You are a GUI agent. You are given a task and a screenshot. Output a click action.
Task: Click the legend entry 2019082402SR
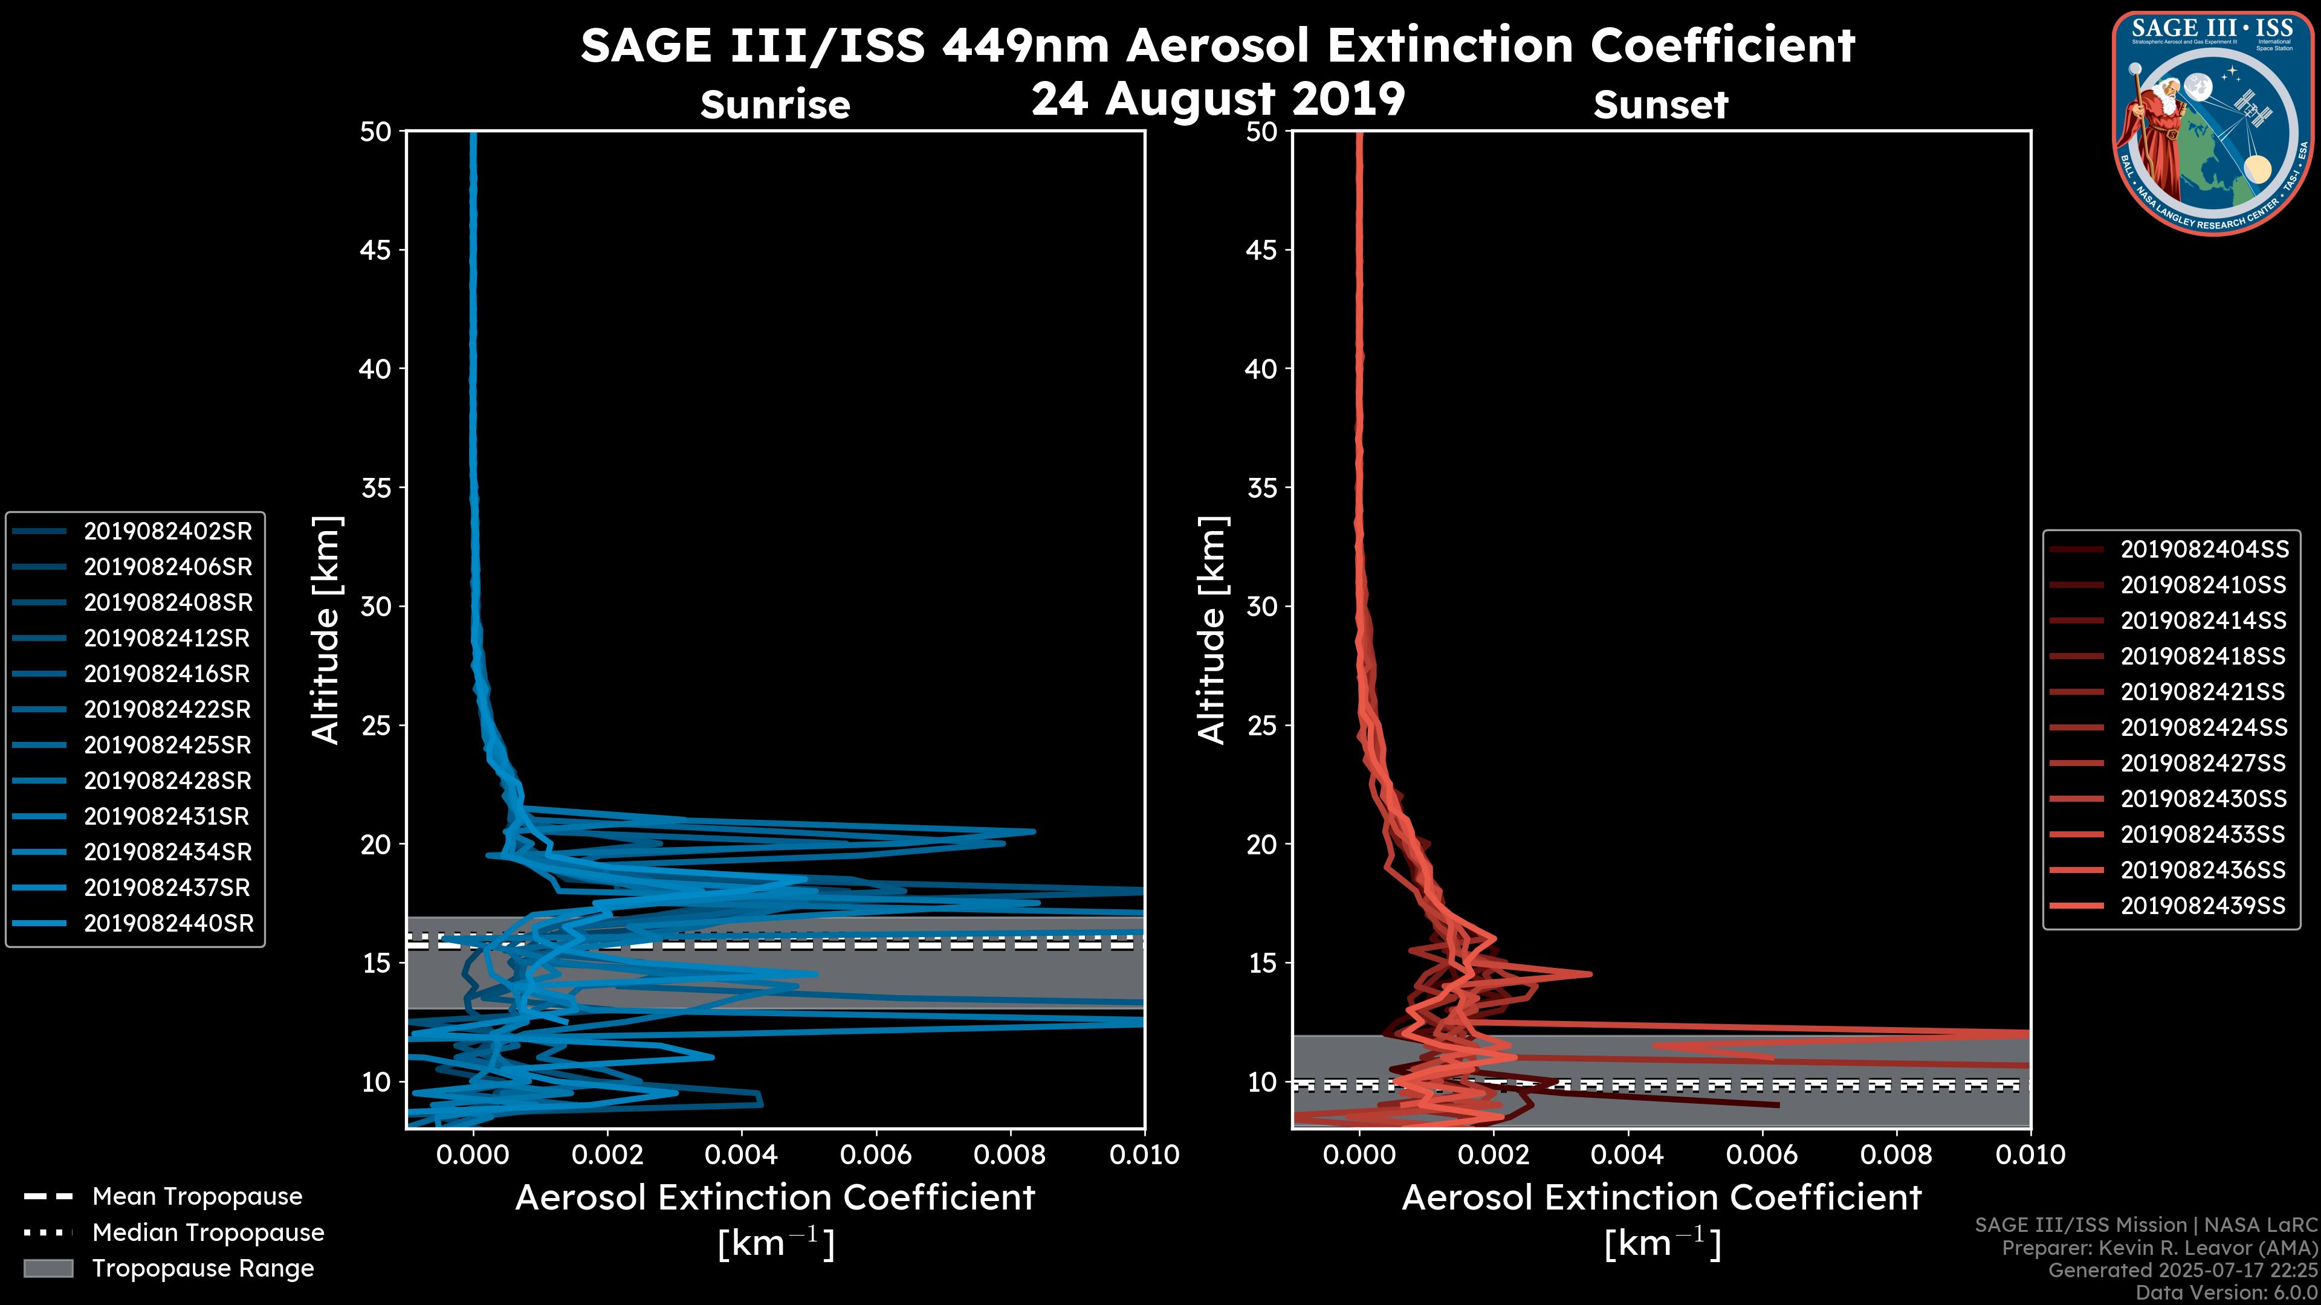pyautogui.click(x=167, y=532)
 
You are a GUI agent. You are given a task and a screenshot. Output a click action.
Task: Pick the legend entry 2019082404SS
pyautogui.click(x=2203, y=549)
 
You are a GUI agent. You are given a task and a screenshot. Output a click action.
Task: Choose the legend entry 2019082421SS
pyautogui.click(x=2203, y=692)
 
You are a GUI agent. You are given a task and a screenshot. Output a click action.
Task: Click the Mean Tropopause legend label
pyautogui.click(x=197, y=1196)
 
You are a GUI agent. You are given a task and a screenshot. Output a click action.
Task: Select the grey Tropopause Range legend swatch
pyautogui.click(x=48, y=1268)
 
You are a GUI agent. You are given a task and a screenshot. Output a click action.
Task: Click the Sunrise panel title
pyautogui.click(x=775, y=105)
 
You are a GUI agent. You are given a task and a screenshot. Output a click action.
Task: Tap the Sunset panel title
pyautogui.click(x=1660, y=105)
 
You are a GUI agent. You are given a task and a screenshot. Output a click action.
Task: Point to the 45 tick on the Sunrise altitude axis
pyautogui.click(x=376, y=250)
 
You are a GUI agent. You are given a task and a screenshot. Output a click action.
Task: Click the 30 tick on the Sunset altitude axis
pyautogui.click(x=1261, y=606)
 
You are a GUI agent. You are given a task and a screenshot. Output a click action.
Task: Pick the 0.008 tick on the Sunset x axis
pyautogui.click(x=1897, y=1155)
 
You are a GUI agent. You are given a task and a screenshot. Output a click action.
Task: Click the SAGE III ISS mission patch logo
pyautogui.click(x=2213, y=123)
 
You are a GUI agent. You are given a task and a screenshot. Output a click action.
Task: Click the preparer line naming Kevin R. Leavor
pyautogui.click(x=2159, y=1248)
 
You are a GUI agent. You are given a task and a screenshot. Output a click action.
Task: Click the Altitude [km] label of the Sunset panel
pyautogui.click(x=1212, y=630)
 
